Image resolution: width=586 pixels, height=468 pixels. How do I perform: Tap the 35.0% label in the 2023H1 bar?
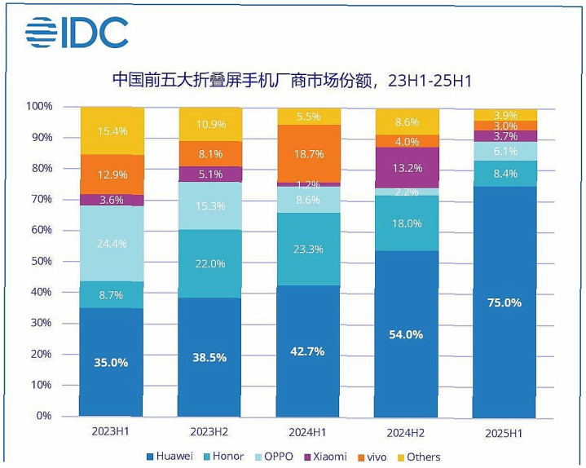[112, 363]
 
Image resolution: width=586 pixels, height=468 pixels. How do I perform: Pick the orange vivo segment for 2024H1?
[308, 153]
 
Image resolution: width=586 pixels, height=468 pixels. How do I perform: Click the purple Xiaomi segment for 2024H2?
[407, 168]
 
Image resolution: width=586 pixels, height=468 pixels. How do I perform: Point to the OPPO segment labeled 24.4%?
[112, 243]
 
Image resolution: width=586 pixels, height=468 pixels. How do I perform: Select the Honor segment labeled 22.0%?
[210, 263]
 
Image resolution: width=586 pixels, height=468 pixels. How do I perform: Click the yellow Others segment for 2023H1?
[112, 130]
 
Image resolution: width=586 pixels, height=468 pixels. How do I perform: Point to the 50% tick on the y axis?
[40, 261]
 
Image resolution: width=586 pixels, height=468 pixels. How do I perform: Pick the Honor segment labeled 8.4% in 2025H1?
[505, 174]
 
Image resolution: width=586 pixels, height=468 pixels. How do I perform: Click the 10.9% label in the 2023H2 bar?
[210, 124]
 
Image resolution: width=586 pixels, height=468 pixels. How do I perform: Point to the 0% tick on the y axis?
[42, 416]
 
